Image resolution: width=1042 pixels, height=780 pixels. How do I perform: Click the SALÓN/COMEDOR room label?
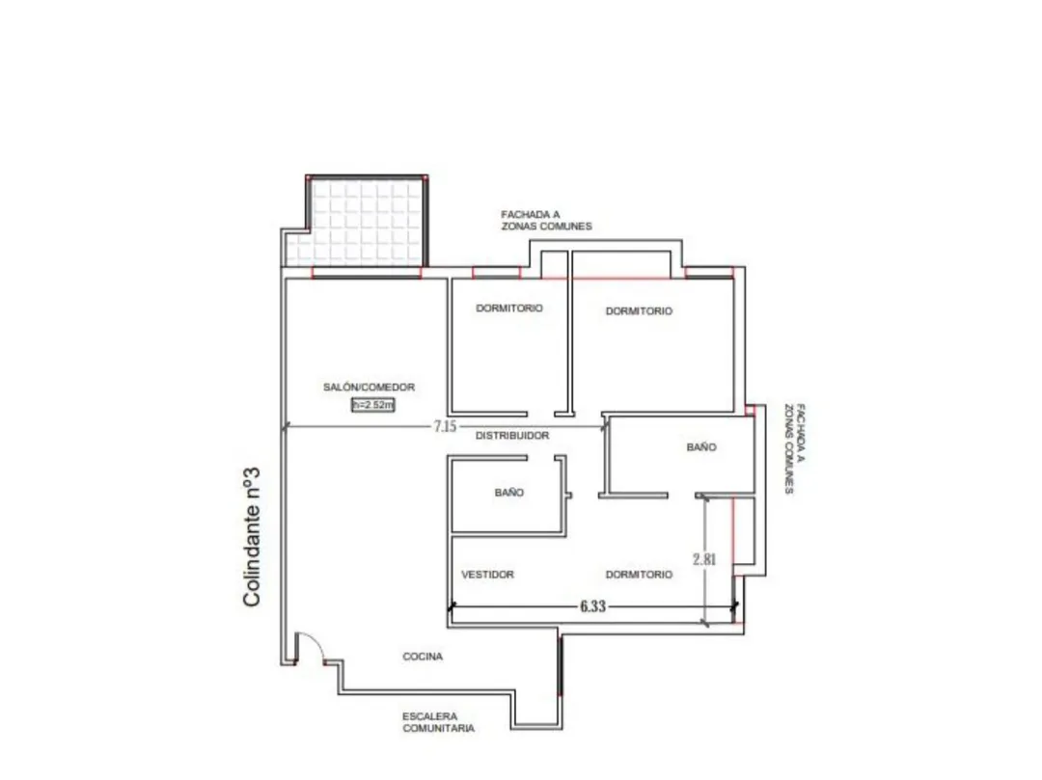[369, 387]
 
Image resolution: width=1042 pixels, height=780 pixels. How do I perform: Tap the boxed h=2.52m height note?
[372, 404]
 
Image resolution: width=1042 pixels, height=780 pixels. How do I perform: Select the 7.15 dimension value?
[445, 426]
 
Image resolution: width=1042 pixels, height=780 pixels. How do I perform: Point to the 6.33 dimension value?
[592, 606]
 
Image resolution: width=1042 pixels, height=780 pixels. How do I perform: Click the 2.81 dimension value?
[704, 559]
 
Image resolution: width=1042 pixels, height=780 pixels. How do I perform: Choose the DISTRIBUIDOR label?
[512, 436]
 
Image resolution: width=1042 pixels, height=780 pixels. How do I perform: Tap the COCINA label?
[423, 657]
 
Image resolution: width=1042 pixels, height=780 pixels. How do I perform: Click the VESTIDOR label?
[488, 575]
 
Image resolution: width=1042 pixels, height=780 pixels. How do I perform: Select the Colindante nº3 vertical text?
[251, 537]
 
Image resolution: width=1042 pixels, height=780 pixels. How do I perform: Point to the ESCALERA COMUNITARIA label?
[438, 722]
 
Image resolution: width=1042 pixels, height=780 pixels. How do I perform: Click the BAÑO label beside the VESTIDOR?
[509, 493]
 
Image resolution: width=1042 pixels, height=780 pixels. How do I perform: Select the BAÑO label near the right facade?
[701, 447]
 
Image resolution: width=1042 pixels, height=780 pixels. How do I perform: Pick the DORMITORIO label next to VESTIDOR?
[639, 575]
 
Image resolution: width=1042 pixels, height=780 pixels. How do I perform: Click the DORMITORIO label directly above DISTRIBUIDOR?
[509, 308]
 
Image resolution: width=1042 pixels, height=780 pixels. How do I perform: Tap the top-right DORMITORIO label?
[639, 310]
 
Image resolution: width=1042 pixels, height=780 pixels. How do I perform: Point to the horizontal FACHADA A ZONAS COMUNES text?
[546, 221]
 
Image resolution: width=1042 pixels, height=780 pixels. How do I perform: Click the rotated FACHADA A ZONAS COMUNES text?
[795, 448]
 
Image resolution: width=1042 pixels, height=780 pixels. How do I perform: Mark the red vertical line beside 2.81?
[733, 531]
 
